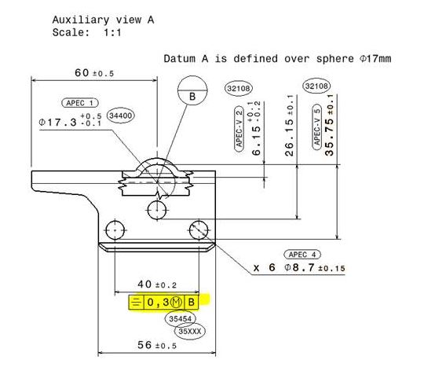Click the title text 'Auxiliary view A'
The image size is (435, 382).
[x=103, y=20]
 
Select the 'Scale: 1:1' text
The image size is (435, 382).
[x=87, y=32]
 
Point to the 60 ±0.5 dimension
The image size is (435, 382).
[x=94, y=73]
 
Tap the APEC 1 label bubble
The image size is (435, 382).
[x=80, y=103]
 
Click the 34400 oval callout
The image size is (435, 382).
[x=120, y=116]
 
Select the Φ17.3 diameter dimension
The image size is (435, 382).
[x=70, y=120]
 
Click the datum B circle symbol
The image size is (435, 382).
[x=192, y=90]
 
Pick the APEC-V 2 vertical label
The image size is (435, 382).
[x=239, y=129]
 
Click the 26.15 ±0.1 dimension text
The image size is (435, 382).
[x=289, y=126]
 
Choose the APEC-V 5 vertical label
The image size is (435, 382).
[x=316, y=127]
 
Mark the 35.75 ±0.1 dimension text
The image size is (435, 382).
[x=329, y=125]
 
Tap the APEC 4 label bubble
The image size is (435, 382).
[x=302, y=255]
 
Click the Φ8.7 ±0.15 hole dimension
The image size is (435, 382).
[x=315, y=268]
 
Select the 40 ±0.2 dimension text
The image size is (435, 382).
[x=157, y=285]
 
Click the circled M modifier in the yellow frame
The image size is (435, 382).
[x=176, y=302]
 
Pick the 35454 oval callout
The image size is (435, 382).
[x=181, y=318]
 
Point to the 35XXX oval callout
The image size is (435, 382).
[x=190, y=331]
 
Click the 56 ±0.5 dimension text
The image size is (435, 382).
[x=157, y=345]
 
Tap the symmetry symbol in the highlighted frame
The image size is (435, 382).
[x=136, y=303]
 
